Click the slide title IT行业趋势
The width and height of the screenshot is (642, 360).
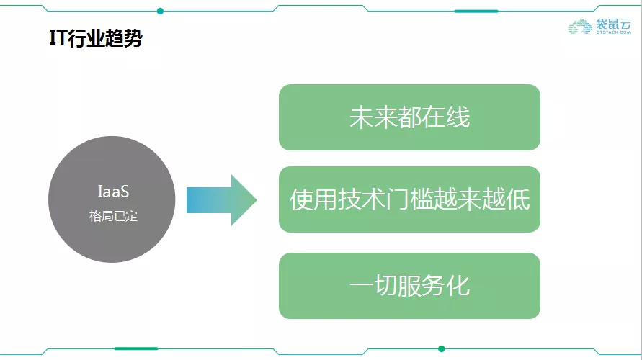(x=94, y=38)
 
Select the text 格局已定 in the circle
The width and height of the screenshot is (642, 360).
(x=112, y=216)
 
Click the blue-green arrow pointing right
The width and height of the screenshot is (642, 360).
(x=221, y=200)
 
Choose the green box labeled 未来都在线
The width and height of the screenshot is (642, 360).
(x=409, y=117)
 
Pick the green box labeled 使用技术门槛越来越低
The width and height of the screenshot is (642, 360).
(x=409, y=199)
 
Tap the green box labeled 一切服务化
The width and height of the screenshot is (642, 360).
(x=409, y=286)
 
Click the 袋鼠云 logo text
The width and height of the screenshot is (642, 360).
(x=614, y=24)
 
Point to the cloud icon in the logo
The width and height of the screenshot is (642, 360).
(x=580, y=27)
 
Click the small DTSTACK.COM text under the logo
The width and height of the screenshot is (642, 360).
(x=614, y=33)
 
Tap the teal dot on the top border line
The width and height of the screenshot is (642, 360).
(x=160, y=11)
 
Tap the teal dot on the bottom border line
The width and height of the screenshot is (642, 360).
(x=442, y=348)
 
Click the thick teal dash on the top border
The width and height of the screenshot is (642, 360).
(x=476, y=11)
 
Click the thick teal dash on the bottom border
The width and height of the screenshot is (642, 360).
(x=135, y=348)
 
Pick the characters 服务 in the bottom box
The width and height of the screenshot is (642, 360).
(x=421, y=286)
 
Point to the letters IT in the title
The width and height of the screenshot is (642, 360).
(x=58, y=38)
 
